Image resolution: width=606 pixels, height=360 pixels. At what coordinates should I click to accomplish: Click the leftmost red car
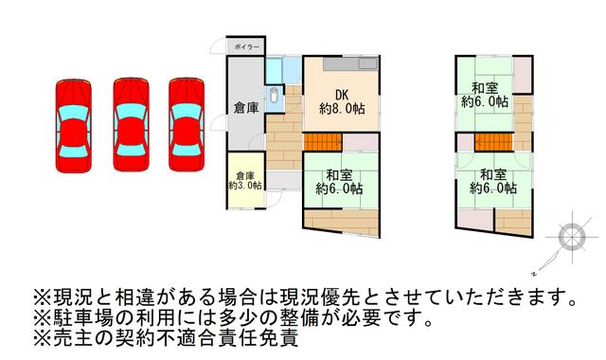pos(74,126)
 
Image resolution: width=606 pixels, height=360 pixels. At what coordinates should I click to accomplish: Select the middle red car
pos(131,124)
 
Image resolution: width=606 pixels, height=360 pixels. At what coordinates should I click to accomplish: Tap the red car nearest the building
pos(187,124)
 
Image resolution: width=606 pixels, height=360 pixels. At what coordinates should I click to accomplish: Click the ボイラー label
pos(246,47)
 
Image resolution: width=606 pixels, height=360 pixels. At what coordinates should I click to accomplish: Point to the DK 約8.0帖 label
pos(342,102)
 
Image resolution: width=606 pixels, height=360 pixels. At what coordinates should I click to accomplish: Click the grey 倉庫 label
pos(246,108)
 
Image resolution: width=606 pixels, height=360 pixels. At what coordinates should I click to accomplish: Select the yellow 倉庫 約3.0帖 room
pos(245,181)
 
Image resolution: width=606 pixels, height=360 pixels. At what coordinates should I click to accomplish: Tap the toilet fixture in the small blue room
pos(274,95)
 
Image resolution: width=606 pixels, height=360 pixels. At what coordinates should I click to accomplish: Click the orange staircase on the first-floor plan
pos(323,142)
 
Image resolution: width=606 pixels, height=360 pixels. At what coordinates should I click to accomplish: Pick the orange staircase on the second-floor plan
pos(493,142)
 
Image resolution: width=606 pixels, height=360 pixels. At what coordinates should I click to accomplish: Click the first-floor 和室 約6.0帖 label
pos(339,182)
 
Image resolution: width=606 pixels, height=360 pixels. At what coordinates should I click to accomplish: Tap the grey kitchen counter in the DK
pos(350,63)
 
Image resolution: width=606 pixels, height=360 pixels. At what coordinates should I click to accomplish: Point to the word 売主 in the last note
pos(73,338)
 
